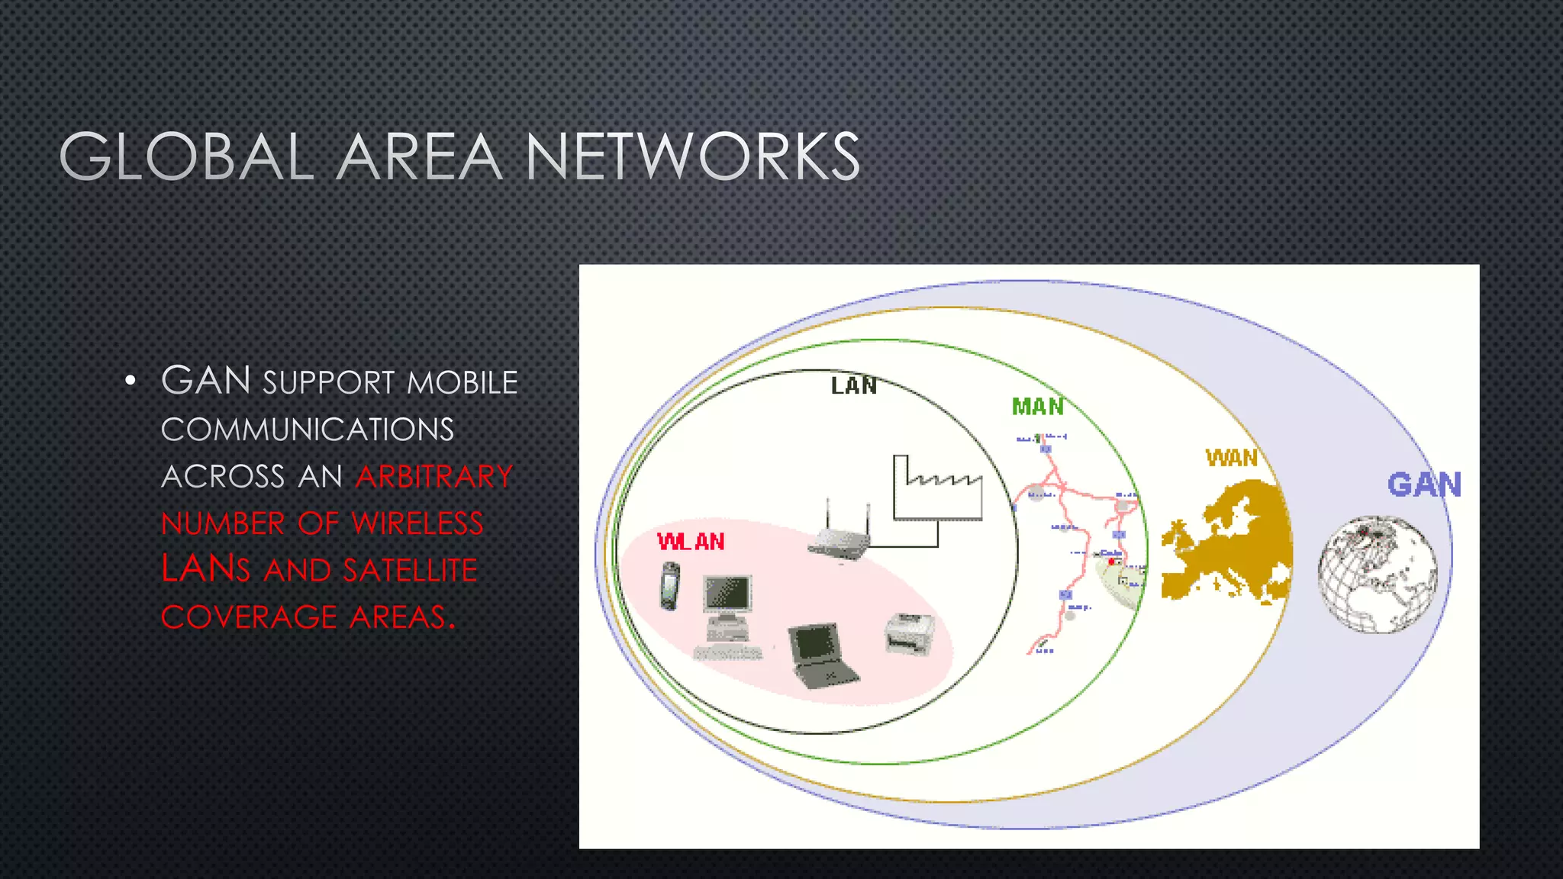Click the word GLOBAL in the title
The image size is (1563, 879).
186,156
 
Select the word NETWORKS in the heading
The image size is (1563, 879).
692,156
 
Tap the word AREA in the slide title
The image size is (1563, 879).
419,156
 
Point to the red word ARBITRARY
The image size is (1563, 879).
434,477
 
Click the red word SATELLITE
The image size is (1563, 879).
410,571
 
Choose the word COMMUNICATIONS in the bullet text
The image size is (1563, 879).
308,430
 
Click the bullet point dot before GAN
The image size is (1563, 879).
131,381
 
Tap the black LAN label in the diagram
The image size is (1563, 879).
854,386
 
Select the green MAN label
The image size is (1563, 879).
1038,407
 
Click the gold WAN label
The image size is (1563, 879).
1231,458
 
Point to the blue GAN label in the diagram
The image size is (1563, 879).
1424,485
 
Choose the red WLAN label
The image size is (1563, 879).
691,542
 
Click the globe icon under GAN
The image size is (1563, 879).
1377,574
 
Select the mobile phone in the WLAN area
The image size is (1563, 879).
669,586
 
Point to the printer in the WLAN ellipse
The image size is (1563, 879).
909,634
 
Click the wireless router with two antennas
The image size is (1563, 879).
840,534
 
